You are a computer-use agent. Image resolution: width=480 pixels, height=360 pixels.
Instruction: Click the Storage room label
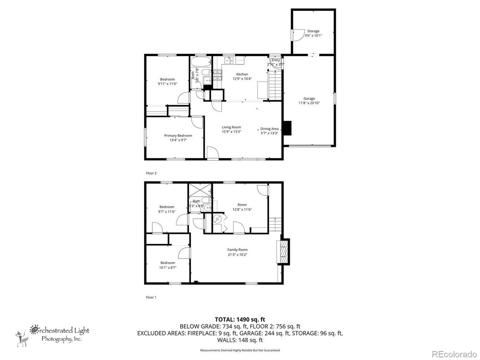[x=313, y=31]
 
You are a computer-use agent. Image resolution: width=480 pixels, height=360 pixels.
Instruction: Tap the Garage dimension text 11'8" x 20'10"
[x=309, y=103]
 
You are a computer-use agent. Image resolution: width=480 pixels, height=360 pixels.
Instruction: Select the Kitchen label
[x=242, y=74]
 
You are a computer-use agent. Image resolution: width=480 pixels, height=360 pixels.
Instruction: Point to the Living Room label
[x=231, y=127]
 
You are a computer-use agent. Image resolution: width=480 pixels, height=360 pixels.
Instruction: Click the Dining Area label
[x=270, y=129]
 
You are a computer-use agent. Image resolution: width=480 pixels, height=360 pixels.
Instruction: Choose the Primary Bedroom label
[x=178, y=136]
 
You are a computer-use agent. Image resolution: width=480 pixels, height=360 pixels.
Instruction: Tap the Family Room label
[x=237, y=250]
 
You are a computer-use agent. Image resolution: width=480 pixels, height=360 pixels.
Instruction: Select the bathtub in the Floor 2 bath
[x=200, y=61]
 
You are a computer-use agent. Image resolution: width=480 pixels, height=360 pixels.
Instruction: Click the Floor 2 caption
[x=151, y=173]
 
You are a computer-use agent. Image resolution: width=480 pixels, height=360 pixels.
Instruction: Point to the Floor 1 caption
[x=151, y=297]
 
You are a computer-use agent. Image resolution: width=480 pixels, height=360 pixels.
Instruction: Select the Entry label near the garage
[x=276, y=60]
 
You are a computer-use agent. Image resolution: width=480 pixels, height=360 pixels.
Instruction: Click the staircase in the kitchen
[x=274, y=86]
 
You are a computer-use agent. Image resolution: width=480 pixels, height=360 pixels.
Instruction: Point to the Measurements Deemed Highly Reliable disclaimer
[x=240, y=350]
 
